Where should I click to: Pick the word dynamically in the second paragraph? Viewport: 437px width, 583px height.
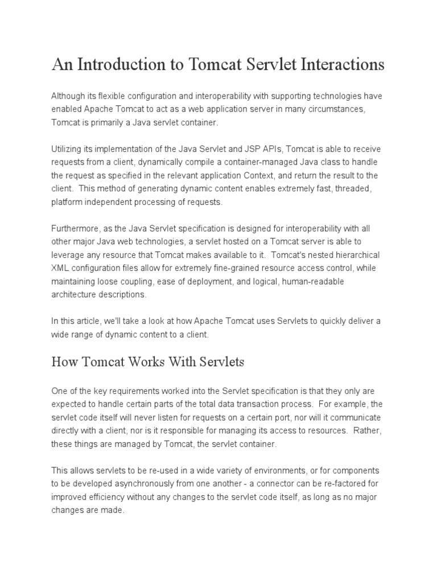tap(145, 162)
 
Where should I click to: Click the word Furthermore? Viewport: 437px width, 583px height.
tap(75, 228)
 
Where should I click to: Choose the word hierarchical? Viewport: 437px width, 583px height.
tap(355, 254)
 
